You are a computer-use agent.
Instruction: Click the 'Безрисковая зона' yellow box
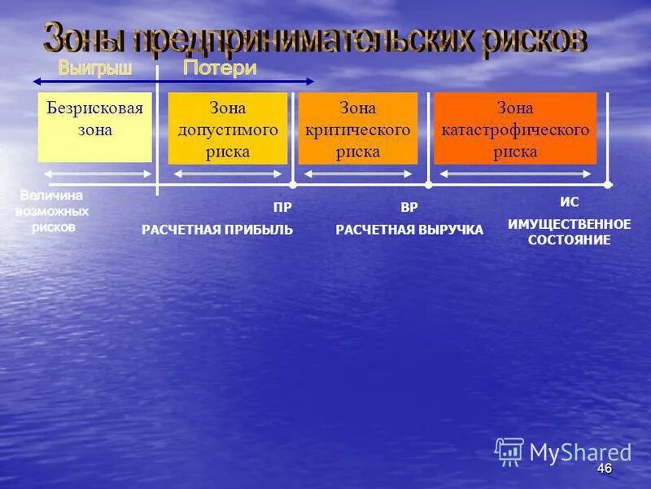point(94,126)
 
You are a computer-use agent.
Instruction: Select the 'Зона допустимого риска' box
point(227,128)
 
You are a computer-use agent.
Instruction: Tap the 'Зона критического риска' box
point(357,128)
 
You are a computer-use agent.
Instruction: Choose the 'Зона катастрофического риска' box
point(514,128)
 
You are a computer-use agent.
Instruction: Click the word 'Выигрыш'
point(94,69)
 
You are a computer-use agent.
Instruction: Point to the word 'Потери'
point(220,69)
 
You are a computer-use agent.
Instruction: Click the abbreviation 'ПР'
point(282,208)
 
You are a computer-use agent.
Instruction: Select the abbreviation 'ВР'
point(409,208)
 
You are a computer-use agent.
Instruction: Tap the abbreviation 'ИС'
point(570,203)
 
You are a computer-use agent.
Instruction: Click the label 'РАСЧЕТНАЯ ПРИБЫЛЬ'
point(217,230)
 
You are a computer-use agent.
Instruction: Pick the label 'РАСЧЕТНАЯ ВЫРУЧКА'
point(409,230)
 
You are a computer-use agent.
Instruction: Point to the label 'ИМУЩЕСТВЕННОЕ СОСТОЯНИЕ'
point(570,231)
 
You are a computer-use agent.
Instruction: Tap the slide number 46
point(604,469)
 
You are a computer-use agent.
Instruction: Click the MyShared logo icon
point(509,451)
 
